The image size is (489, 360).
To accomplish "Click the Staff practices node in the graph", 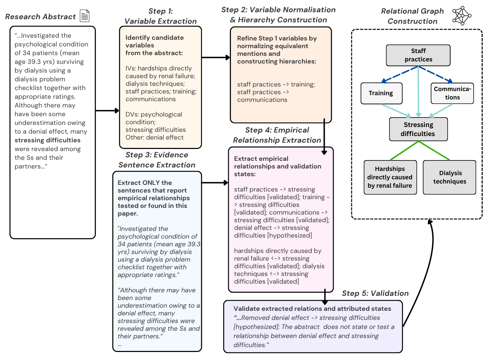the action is (418, 55).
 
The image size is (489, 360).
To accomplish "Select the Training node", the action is (381, 93).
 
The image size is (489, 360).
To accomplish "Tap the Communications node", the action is (452, 93).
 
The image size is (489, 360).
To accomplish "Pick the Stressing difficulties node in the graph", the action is (418, 129).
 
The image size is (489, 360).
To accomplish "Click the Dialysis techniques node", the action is (449, 177).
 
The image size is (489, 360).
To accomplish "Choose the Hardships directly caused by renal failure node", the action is (390, 177).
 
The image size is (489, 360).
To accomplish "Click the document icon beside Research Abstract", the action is (84, 16).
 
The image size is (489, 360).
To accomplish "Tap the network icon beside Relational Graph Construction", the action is (462, 15).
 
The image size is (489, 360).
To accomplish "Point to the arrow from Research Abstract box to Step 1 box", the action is (107, 111).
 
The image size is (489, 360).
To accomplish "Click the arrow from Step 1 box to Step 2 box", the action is (216, 58).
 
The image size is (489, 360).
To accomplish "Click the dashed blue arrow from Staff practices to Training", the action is (400, 75).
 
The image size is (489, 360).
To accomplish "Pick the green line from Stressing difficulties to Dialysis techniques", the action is (434, 150).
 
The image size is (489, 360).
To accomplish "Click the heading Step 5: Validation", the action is (375, 293).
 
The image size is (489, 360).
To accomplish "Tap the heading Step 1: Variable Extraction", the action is (160, 16).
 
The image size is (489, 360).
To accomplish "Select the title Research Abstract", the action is (40, 17).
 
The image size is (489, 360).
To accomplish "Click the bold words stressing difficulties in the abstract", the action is (47, 140).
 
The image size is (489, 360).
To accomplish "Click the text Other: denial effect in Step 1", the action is (155, 137).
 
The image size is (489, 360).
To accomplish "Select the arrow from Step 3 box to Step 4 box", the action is (215, 183).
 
